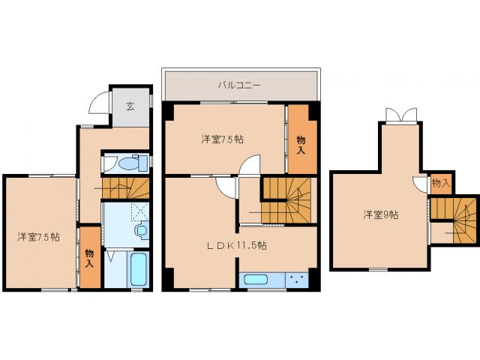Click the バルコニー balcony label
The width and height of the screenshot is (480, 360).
[240, 85]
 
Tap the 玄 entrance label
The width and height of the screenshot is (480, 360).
[130, 106]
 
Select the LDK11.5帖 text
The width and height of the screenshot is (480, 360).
[238, 245]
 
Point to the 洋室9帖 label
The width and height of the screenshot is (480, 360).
[381, 215]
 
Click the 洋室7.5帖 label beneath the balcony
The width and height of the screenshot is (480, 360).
[220, 139]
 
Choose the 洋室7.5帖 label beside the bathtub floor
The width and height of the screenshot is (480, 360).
[39, 236]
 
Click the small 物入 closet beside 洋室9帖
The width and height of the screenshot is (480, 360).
[440, 183]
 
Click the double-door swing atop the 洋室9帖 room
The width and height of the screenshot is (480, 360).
[398, 115]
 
